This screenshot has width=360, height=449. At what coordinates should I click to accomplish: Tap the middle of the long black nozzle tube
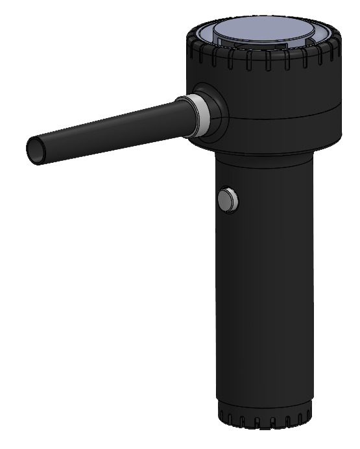point(110,127)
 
